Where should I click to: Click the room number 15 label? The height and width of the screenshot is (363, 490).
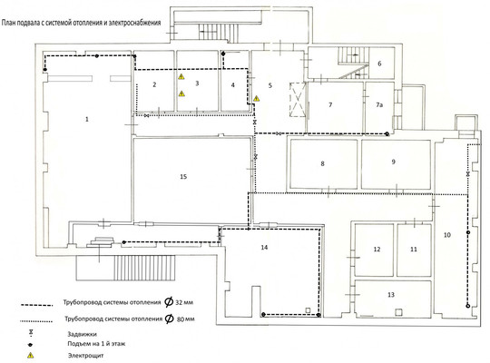[183, 177]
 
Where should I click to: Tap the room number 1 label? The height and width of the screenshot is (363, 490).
[87, 119]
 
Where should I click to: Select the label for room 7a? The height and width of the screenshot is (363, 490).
[379, 104]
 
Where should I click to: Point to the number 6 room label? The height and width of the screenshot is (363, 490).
[379, 64]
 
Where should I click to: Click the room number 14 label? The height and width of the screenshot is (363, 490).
[264, 248]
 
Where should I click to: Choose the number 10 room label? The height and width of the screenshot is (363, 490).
[447, 235]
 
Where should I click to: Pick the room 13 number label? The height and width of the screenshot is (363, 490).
[391, 295]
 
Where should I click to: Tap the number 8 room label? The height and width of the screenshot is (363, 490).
[322, 163]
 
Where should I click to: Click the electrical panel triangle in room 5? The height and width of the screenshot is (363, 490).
[256, 99]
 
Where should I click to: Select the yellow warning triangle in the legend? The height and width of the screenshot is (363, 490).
[30, 355]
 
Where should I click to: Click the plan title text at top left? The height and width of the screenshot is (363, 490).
[82, 23]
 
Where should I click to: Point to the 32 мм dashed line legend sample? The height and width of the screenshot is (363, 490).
[36, 305]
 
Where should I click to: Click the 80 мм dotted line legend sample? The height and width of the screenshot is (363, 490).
[36, 321]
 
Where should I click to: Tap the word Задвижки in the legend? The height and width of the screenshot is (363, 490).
[83, 334]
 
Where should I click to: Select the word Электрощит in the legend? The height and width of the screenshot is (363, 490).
[85, 356]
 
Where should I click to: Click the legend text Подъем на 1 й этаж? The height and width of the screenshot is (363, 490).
[96, 344]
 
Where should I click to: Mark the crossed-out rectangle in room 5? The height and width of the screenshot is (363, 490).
[298, 100]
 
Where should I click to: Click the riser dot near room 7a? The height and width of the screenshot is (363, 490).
[387, 133]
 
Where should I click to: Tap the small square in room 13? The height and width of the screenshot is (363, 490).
[398, 312]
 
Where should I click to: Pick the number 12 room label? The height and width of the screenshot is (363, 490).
[377, 250]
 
